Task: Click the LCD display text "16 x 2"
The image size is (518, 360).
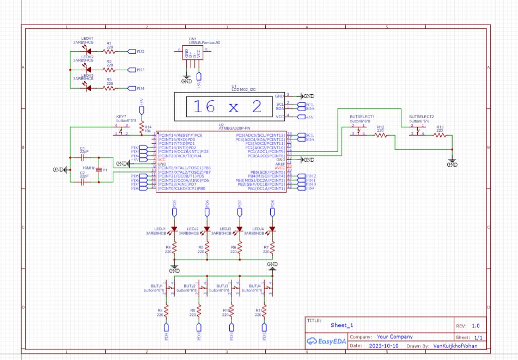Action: click(228, 107)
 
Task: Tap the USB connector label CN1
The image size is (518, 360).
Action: click(193, 39)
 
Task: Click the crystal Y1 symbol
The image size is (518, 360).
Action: click(99, 170)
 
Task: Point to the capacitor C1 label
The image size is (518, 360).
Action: click(82, 148)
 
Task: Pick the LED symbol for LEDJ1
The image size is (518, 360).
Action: click(174, 229)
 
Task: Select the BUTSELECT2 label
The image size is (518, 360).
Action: click(421, 117)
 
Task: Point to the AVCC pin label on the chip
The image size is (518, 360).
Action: click(280, 168)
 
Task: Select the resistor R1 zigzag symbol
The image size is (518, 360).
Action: click(109, 52)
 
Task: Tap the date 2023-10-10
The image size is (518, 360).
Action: click(383, 346)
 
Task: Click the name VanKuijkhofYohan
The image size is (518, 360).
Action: click(459, 346)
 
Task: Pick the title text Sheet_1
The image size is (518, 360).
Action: click(342, 325)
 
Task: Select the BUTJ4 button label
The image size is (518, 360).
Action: click(255, 286)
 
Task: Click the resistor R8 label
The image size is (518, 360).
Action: click(160, 310)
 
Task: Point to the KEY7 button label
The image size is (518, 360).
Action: click(121, 117)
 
